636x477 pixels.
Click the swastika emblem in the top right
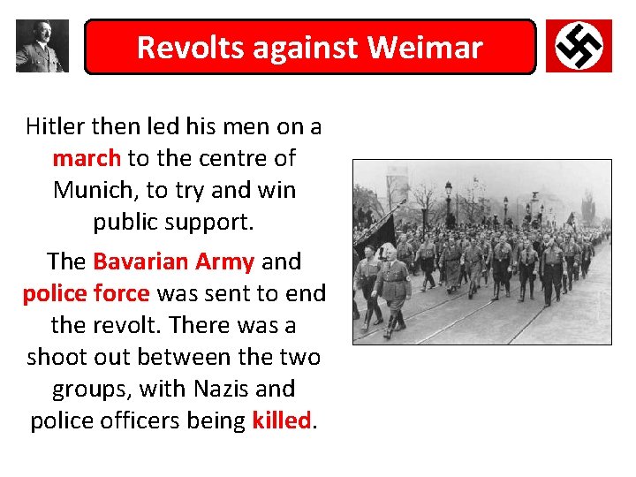[579, 46]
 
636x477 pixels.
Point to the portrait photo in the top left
[42, 46]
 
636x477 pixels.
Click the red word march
[87, 158]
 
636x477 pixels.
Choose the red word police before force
[54, 293]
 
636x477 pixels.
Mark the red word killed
[281, 420]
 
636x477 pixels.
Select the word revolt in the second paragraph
[126, 325]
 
